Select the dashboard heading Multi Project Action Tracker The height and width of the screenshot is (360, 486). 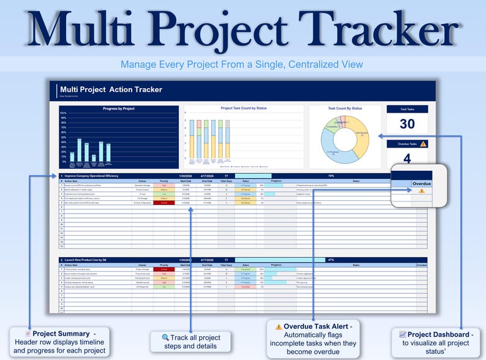click(111, 89)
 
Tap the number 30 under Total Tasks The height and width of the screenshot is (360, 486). click(407, 124)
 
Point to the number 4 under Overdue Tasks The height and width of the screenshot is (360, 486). click(407, 158)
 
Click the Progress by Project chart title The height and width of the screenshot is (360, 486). click(119, 109)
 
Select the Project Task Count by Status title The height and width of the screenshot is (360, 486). click(244, 108)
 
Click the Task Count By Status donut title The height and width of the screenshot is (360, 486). click(345, 108)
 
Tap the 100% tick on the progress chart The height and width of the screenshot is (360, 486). click(63, 113)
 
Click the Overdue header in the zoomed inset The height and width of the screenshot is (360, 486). click(422, 183)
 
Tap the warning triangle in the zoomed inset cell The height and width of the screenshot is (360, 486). click(422, 191)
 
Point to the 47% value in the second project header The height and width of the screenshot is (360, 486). click(331, 260)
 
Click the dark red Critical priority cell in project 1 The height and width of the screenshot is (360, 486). click(163, 203)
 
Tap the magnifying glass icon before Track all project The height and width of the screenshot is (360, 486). click(165, 337)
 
